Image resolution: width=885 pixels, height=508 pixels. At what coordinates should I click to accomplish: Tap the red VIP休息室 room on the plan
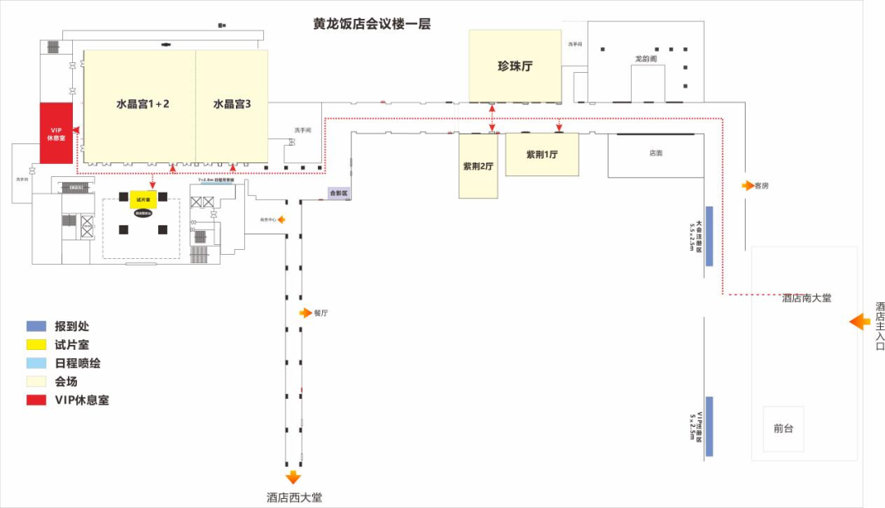click(57, 132)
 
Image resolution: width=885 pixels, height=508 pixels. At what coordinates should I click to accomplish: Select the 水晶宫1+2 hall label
click(143, 104)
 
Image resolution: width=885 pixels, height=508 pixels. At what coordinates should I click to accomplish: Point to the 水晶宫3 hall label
click(231, 104)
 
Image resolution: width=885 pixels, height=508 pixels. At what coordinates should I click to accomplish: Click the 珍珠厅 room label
click(515, 66)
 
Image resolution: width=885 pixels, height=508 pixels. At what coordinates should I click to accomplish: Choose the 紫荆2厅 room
click(478, 166)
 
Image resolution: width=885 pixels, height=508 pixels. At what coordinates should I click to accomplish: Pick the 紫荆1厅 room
click(542, 154)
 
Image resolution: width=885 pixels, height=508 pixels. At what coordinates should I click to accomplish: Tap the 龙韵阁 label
click(646, 59)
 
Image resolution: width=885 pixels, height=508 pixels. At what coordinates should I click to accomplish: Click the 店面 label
click(656, 153)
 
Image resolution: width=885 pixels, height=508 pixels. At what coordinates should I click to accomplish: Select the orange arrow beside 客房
click(747, 186)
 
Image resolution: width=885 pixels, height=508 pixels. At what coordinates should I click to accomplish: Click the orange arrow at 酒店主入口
click(860, 322)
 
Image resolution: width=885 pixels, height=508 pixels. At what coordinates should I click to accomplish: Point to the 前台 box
click(783, 429)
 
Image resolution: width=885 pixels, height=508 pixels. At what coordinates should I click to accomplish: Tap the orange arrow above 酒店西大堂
click(293, 478)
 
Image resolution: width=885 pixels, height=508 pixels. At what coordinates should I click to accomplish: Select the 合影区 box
click(338, 194)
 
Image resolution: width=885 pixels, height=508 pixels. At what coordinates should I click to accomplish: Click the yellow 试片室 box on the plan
click(142, 199)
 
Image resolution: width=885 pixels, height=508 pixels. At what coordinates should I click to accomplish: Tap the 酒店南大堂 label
click(806, 298)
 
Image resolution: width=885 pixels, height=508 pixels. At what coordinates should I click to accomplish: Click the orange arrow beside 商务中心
click(281, 220)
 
